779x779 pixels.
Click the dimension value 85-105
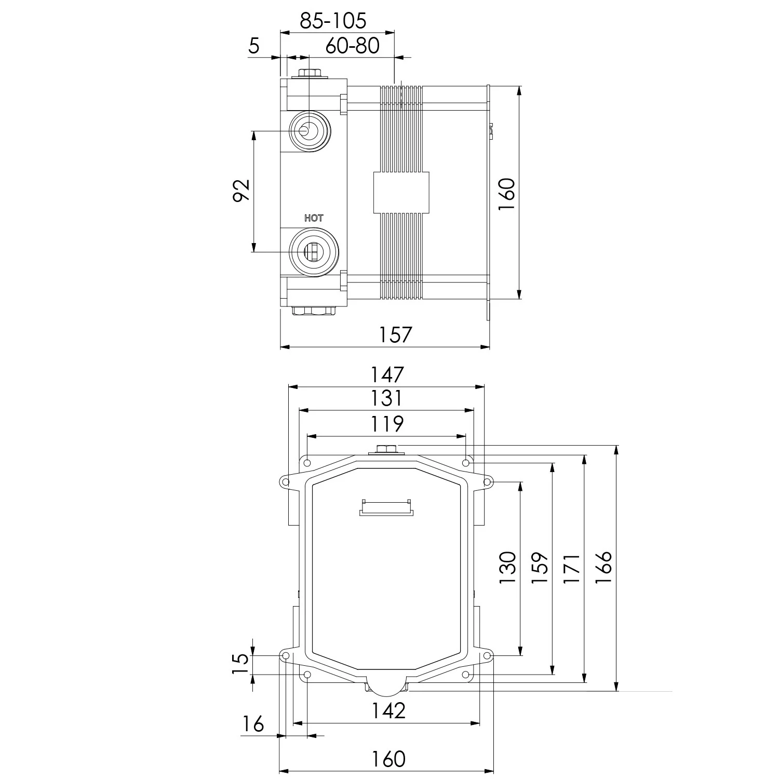point(333,21)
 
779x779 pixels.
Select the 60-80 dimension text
point(353,46)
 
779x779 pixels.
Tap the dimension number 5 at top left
point(253,46)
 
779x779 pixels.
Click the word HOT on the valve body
point(314,218)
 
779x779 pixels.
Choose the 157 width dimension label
point(395,334)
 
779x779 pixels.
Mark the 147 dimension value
point(386,374)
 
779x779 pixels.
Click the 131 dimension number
point(386,398)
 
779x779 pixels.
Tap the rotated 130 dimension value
point(508,567)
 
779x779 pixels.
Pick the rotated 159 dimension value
point(540,567)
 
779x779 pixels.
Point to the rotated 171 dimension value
point(572,568)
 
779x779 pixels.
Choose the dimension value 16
point(253,723)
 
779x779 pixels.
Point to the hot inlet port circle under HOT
point(313,251)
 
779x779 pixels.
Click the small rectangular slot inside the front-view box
point(387,507)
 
